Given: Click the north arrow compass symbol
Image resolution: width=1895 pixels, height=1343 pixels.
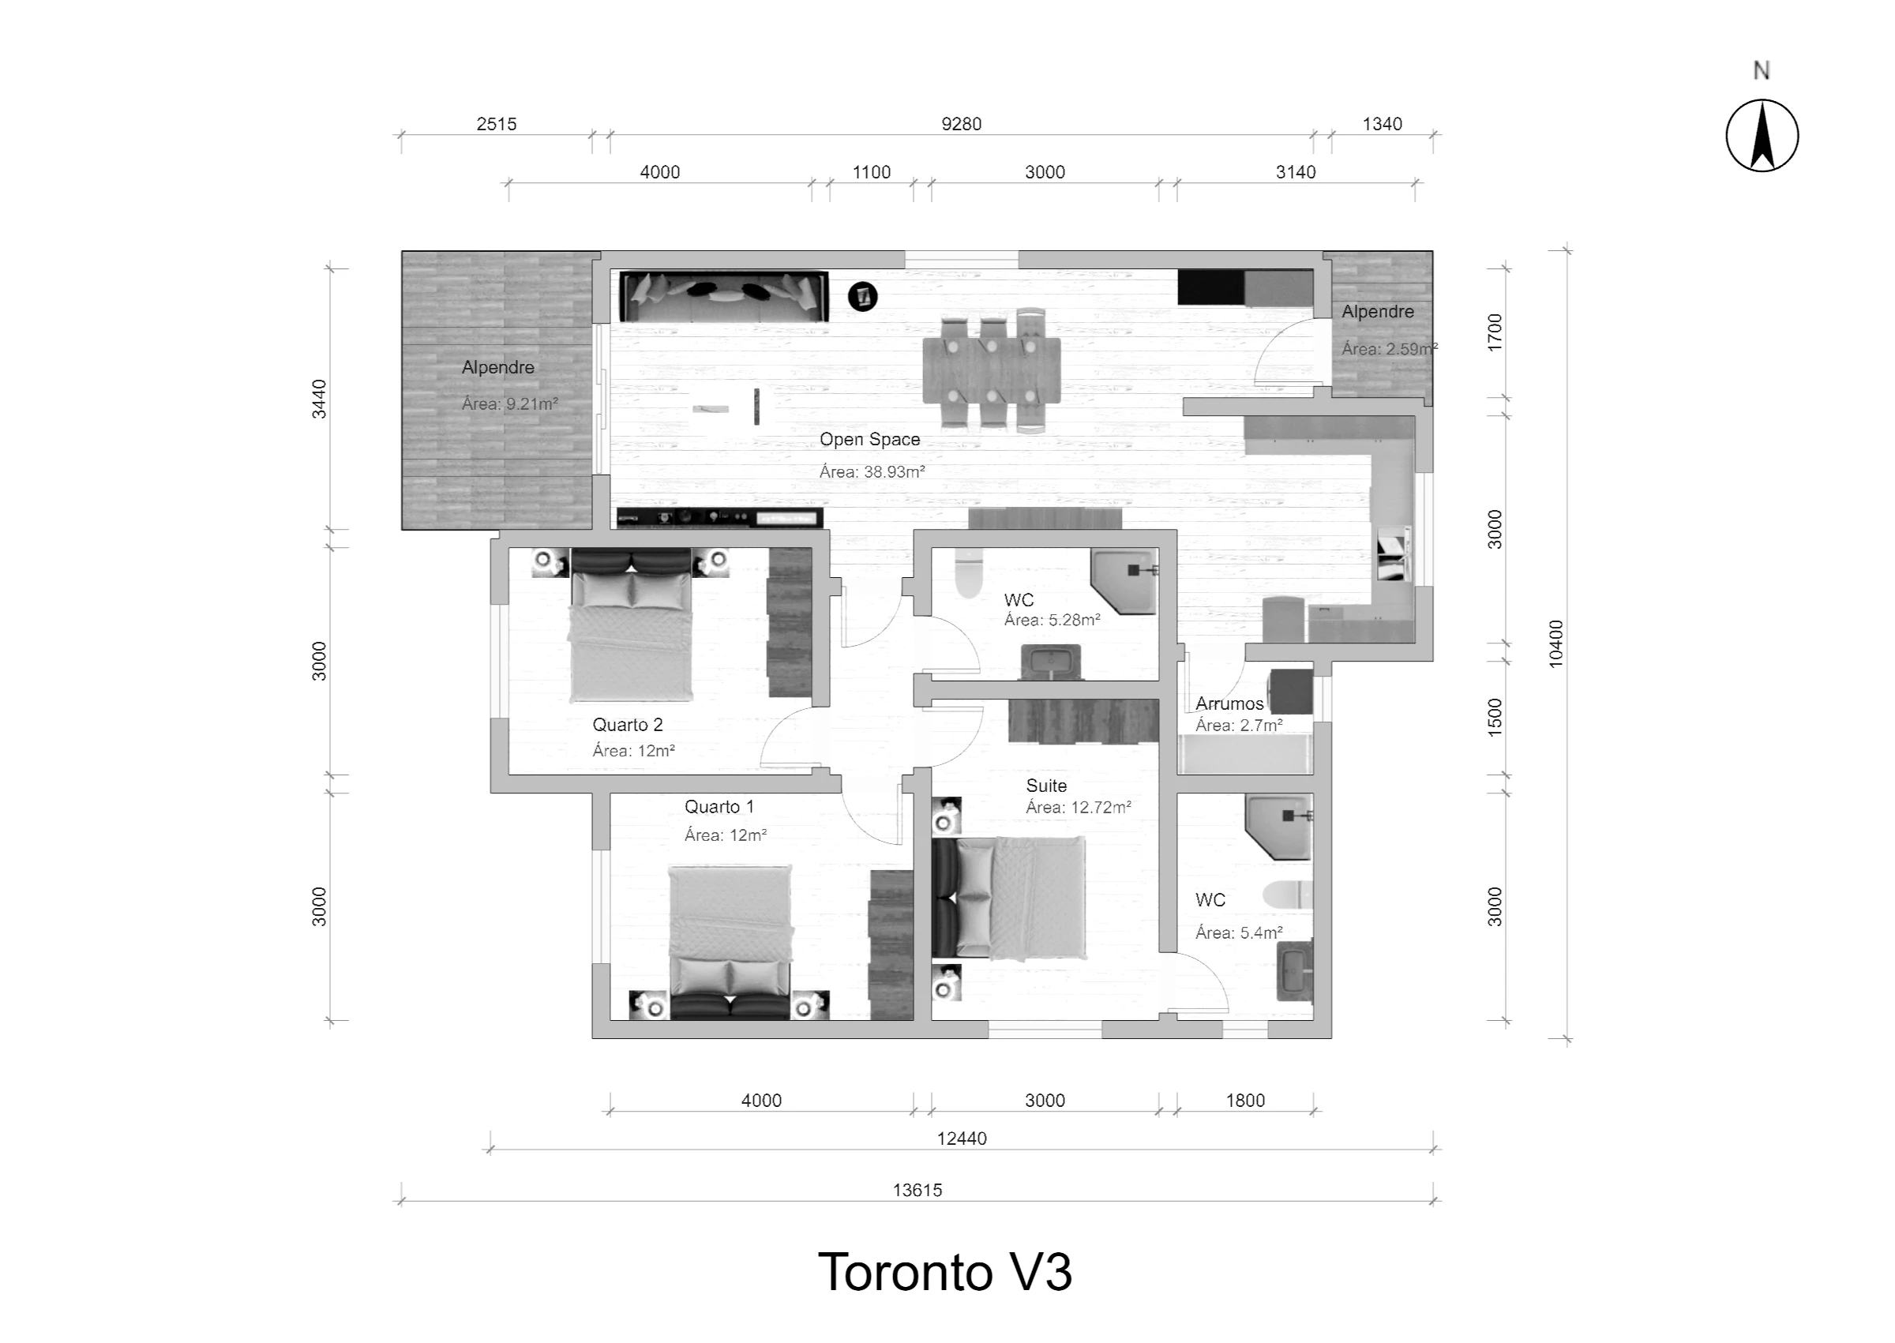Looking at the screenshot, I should coord(1762,136).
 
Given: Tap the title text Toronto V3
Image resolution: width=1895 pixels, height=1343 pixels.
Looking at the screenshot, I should coord(945,1272).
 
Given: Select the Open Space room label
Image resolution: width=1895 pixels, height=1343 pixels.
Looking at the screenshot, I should coord(870,440).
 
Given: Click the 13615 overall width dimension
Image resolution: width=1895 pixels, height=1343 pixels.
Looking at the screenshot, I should coord(917,1190).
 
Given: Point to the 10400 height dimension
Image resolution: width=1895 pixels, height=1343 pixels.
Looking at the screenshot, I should coord(1555,643).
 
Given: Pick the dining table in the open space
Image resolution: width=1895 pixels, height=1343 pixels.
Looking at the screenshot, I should coord(991,371).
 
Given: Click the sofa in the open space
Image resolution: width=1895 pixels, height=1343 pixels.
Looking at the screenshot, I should coord(724,296).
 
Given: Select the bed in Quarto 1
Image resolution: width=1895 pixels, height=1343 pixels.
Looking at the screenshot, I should coord(730,942).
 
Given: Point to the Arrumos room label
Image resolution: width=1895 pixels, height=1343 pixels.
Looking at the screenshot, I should coord(1229,703).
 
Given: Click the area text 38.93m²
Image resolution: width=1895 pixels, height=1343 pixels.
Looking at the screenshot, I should coord(872,472).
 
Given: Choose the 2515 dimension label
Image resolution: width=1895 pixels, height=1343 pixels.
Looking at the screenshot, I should coord(496,124).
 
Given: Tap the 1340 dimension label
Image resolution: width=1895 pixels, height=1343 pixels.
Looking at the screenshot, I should coord(1382,124).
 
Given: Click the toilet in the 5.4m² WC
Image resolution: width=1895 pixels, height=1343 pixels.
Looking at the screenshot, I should coord(1287,895).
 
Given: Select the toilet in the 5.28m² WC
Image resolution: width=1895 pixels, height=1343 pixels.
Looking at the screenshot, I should coord(967,572).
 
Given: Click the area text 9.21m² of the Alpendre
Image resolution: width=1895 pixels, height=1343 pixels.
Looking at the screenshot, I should coord(510,404).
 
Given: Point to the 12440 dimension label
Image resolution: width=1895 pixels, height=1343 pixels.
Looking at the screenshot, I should coord(962,1139).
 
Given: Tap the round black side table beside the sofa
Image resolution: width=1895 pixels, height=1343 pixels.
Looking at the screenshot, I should coord(862,296).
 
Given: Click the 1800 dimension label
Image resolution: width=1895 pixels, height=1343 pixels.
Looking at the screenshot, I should coord(1245,1101).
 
